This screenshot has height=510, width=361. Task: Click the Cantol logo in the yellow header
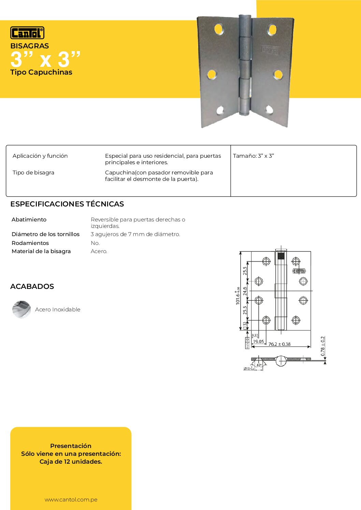(27, 33)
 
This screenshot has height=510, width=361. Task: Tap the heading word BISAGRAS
(29, 46)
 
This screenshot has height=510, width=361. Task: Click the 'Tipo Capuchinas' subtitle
(41, 72)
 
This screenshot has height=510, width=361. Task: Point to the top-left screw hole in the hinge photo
(219, 29)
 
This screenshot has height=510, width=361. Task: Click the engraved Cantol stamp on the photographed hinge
(270, 50)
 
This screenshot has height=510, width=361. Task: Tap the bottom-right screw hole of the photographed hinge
(269, 109)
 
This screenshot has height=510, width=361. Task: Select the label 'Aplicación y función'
(40, 156)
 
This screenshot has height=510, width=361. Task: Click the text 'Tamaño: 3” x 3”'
(254, 156)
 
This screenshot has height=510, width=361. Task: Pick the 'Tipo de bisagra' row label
(33, 173)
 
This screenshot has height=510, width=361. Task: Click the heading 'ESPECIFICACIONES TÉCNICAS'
(67, 204)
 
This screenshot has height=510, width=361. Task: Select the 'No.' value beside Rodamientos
(95, 243)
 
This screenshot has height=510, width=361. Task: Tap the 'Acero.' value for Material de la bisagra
(99, 251)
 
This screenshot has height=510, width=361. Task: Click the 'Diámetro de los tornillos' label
(45, 234)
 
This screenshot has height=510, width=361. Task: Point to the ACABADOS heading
(32, 287)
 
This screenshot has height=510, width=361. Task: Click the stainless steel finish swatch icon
(21, 309)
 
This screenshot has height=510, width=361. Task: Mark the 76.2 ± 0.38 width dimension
(279, 344)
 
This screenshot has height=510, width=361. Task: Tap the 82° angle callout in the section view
(259, 365)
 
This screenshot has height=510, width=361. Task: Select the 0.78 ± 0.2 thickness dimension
(323, 346)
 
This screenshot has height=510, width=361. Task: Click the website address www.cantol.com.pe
(71, 500)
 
